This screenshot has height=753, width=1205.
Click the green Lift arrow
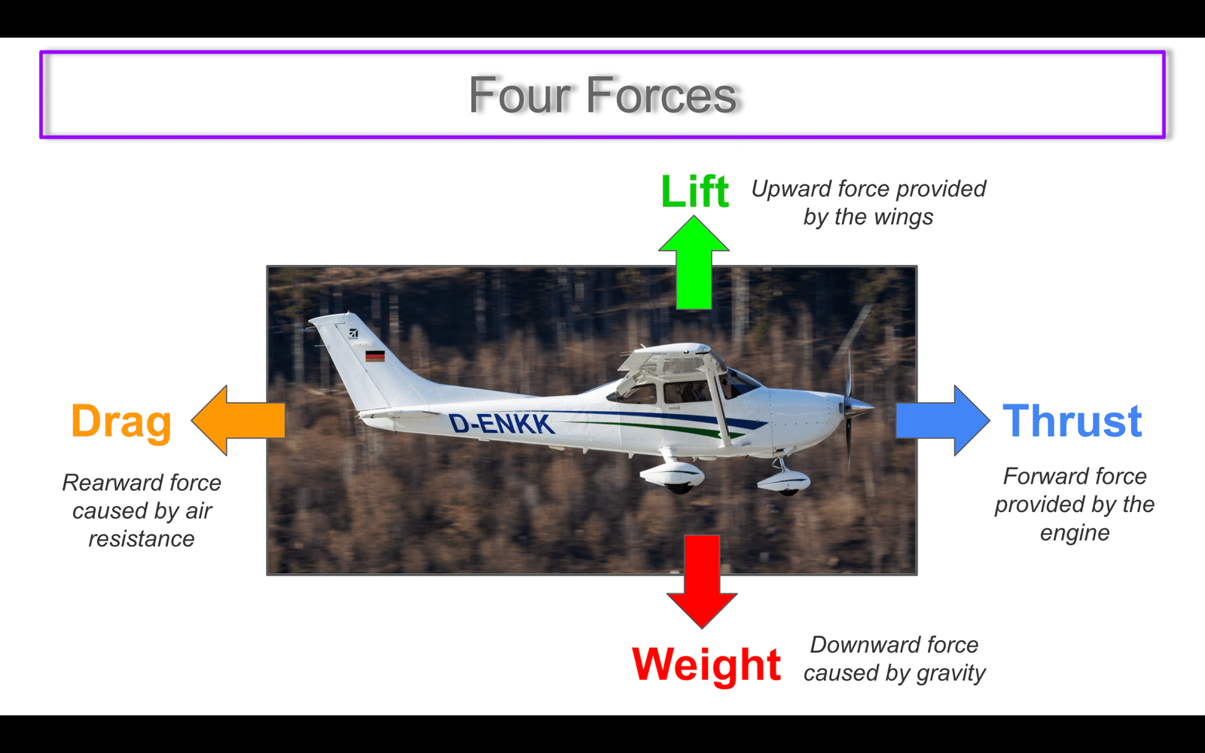coord(694,263)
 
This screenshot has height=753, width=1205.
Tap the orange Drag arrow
coord(238,420)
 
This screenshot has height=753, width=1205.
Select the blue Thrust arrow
coord(942,420)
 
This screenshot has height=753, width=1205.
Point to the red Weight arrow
coord(702,581)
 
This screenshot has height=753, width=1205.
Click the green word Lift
coord(694,191)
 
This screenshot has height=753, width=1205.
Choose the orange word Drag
coord(121,422)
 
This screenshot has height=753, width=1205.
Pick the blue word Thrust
coord(1072,421)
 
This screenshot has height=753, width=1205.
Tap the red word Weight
coord(706,666)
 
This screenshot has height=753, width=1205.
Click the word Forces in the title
coord(661,95)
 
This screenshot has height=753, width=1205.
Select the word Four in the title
coord(520,95)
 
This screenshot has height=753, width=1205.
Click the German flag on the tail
coord(375,356)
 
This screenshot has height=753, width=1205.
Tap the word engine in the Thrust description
coord(1075,534)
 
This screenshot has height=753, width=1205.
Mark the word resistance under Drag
coord(142,539)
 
